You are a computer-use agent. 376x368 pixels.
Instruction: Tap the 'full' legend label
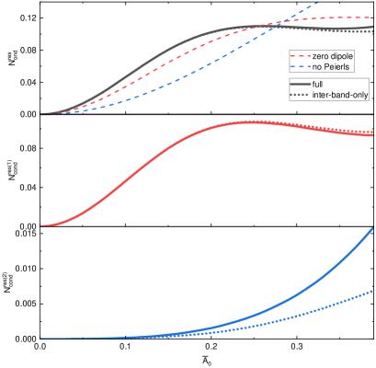[x=317, y=85]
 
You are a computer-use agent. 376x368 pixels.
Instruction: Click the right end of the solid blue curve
[x=372, y=229]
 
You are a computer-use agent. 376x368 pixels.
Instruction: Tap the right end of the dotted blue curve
[x=372, y=291]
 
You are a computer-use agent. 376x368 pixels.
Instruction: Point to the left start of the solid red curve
[x=40, y=224]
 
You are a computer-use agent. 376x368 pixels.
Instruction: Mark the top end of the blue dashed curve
[x=319, y=3]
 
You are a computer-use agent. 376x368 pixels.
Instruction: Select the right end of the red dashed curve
[x=372, y=18]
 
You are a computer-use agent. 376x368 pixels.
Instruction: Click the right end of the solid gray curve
[x=372, y=29]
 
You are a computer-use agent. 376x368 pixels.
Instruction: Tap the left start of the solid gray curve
[x=40, y=114]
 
